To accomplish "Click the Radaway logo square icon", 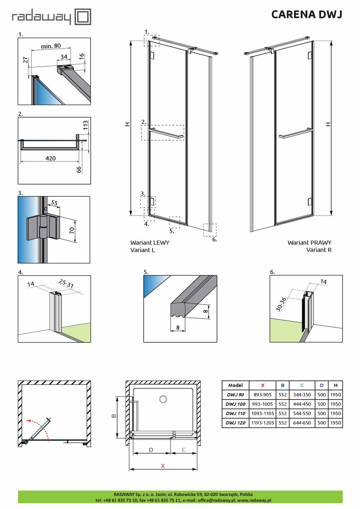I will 83,17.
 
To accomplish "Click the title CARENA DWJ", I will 306,15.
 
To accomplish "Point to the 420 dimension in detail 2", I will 50,158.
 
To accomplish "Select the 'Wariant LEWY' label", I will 149,242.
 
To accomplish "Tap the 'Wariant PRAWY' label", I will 309,242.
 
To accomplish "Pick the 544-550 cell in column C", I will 302,414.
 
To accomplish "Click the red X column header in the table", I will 263,385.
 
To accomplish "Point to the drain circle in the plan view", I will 163,399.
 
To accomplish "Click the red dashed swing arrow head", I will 27,420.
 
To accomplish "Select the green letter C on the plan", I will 184,450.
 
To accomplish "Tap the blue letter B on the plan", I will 114,416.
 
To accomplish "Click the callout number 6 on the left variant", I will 215,239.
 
